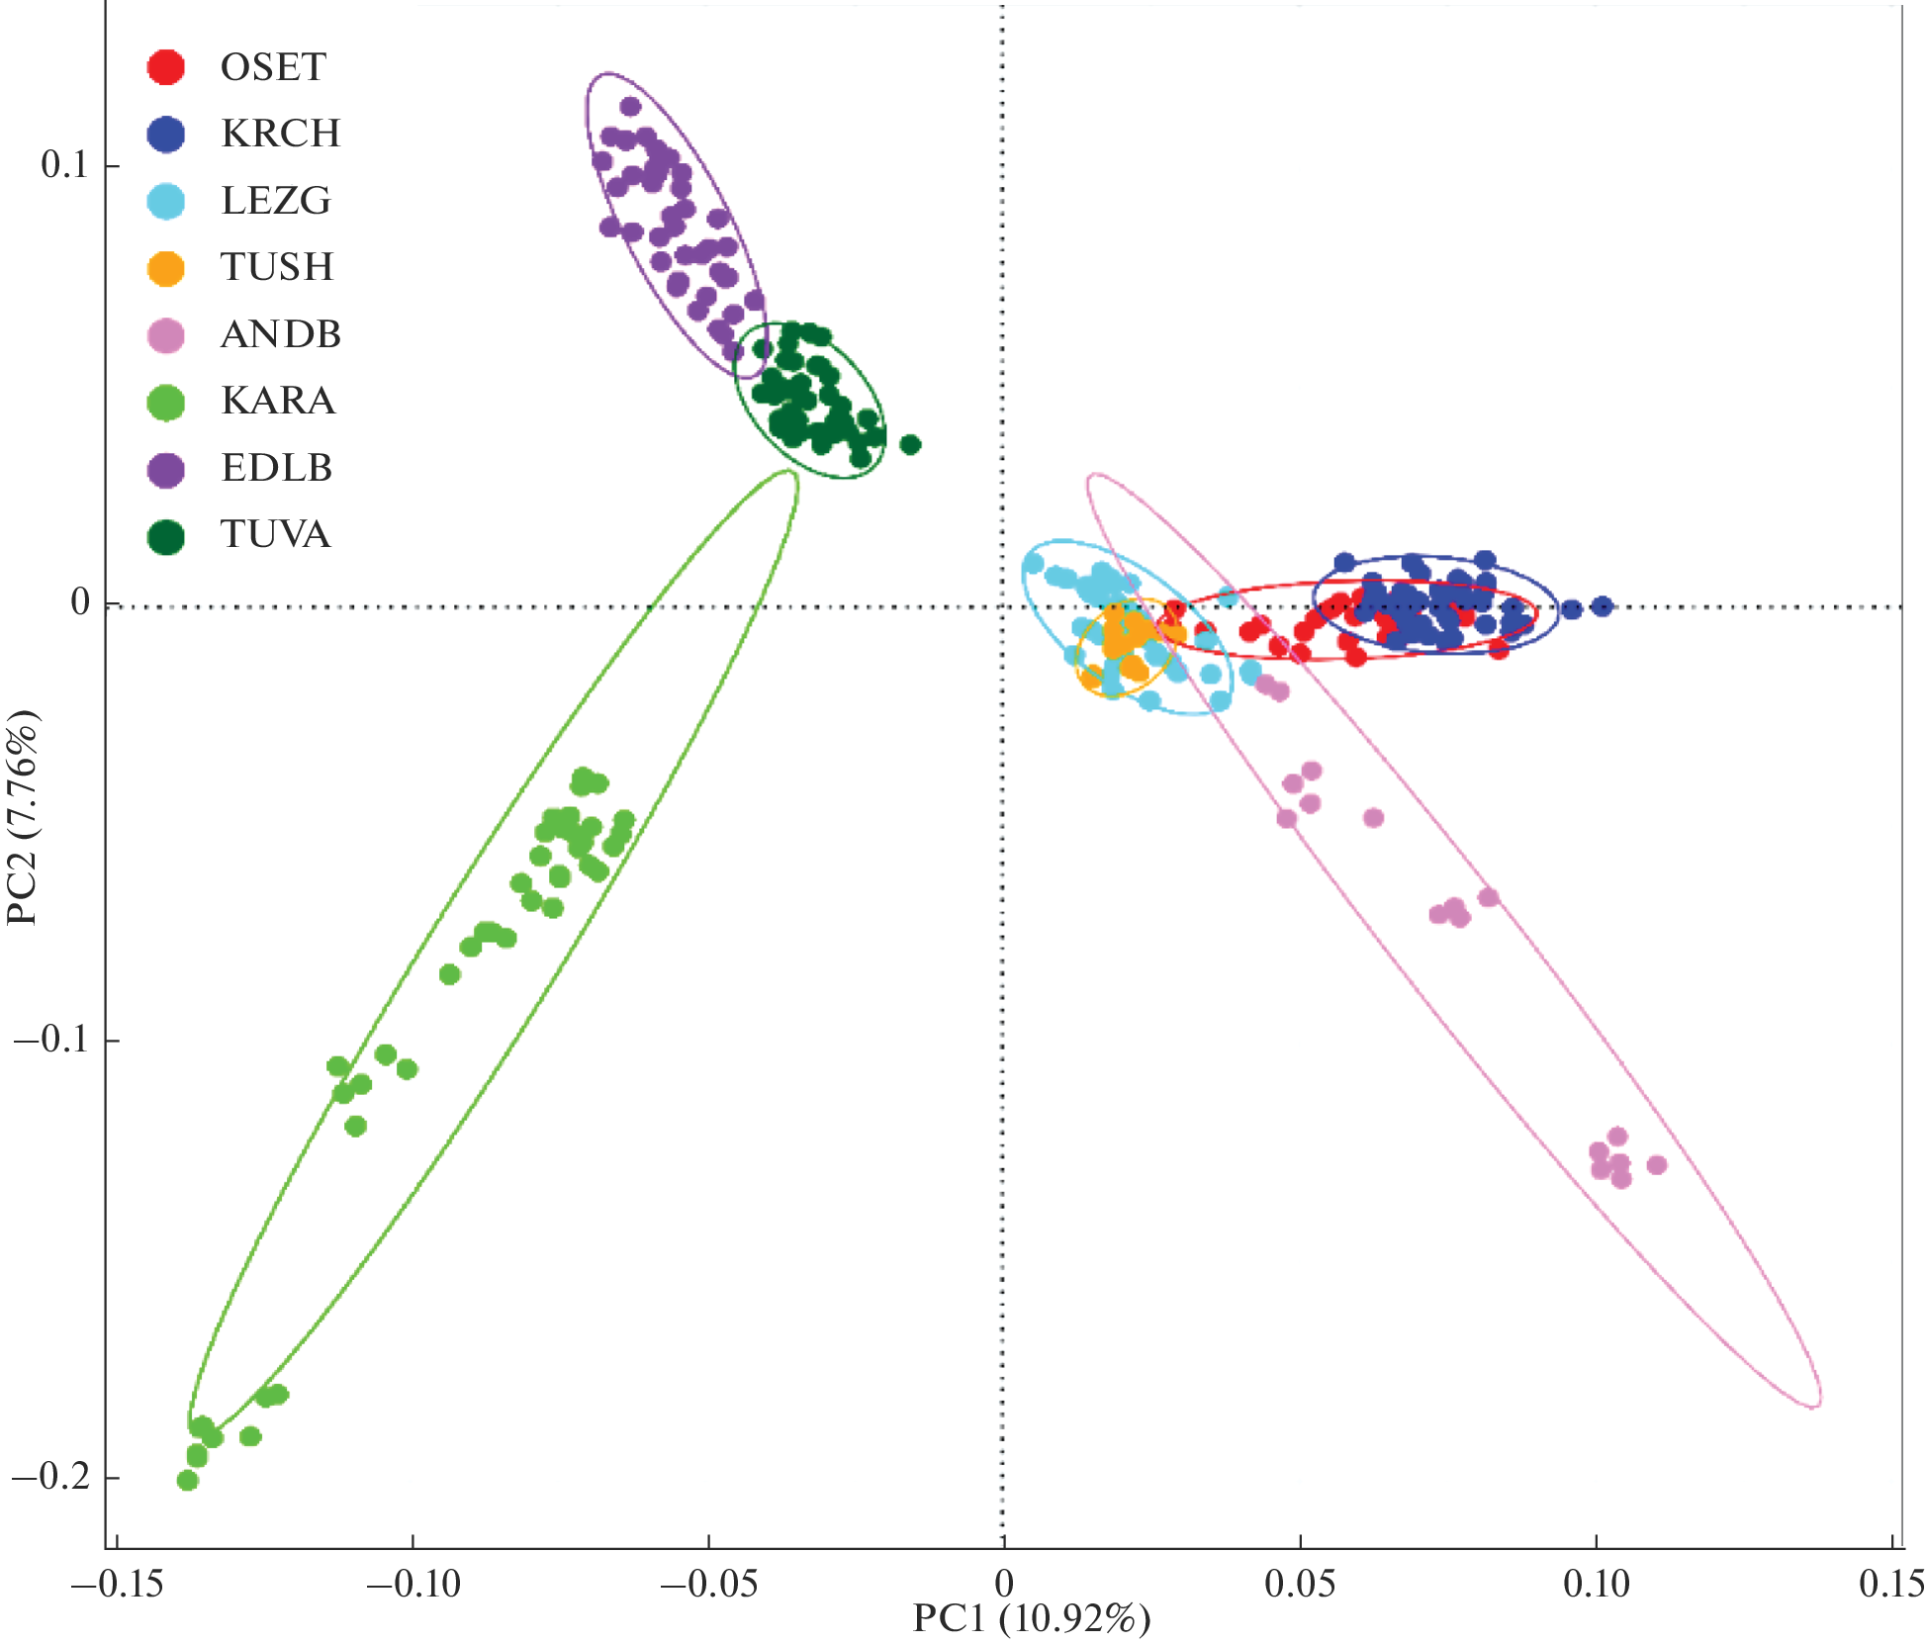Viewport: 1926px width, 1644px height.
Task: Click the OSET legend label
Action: (273, 67)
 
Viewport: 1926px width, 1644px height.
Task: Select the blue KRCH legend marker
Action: (166, 135)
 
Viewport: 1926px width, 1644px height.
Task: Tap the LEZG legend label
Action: (276, 201)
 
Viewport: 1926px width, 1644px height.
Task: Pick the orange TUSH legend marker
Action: (166, 268)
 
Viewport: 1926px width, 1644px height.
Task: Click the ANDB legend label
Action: (281, 334)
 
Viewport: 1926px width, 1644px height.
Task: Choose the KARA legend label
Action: (278, 401)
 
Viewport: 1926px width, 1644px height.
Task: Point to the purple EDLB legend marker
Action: (166, 469)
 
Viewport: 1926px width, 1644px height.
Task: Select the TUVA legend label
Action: (275, 534)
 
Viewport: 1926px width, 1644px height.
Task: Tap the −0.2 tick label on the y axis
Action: (51, 1477)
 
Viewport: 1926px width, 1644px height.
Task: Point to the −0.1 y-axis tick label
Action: (51, 1040)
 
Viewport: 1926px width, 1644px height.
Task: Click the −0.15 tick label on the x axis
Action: (117, 1585)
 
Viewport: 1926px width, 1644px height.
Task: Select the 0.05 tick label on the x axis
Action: (1300, 1585)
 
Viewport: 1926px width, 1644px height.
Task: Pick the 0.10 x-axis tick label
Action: (1596, 1585)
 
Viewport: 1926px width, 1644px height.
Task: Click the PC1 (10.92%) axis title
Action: (1031, 1619)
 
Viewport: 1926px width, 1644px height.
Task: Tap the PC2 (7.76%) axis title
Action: (24, 817)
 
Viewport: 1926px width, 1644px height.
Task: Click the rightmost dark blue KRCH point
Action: (1603, 606)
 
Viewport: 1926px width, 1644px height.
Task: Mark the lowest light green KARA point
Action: (188, 1481)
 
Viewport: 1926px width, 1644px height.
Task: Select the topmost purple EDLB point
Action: (630, 107)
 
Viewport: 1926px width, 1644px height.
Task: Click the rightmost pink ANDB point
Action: (1657, 1165)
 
